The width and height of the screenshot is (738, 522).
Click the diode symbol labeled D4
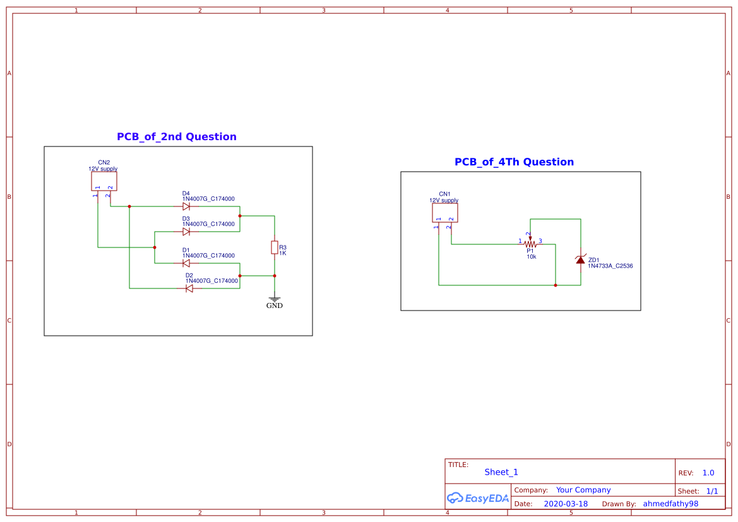(x=186, y=206)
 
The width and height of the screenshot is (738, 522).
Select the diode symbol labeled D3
(x=186, y=232)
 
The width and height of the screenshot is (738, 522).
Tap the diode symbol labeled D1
(x=186, y=263)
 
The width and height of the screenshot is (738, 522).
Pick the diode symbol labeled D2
(x=189, y=288)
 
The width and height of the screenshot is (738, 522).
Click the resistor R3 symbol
(x=275, y=247)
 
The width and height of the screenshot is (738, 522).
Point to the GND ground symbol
(x=275, y=299)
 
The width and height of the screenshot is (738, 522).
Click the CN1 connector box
(x=445, y=213)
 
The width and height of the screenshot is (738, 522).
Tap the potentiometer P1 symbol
(x=530, y=244)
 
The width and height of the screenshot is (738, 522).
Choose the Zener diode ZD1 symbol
(x=580, y=259)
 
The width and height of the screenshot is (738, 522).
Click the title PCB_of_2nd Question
(x=177, y=137)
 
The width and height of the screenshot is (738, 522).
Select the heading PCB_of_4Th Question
(x=514, y=162)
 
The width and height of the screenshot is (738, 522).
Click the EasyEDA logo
(x=477, y=498)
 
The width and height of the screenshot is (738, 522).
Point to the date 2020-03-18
(x=566, y=504)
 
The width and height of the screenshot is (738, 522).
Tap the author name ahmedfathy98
(x=670, y=504)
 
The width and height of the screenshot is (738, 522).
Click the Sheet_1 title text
(x=501, y=472)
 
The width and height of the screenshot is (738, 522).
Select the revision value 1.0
(x=708, y=473)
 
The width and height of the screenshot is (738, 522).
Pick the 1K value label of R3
(x=283, y=253)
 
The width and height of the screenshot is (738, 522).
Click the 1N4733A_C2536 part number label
(x=610, y=266)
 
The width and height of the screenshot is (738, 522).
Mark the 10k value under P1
(x=532, y=257)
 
